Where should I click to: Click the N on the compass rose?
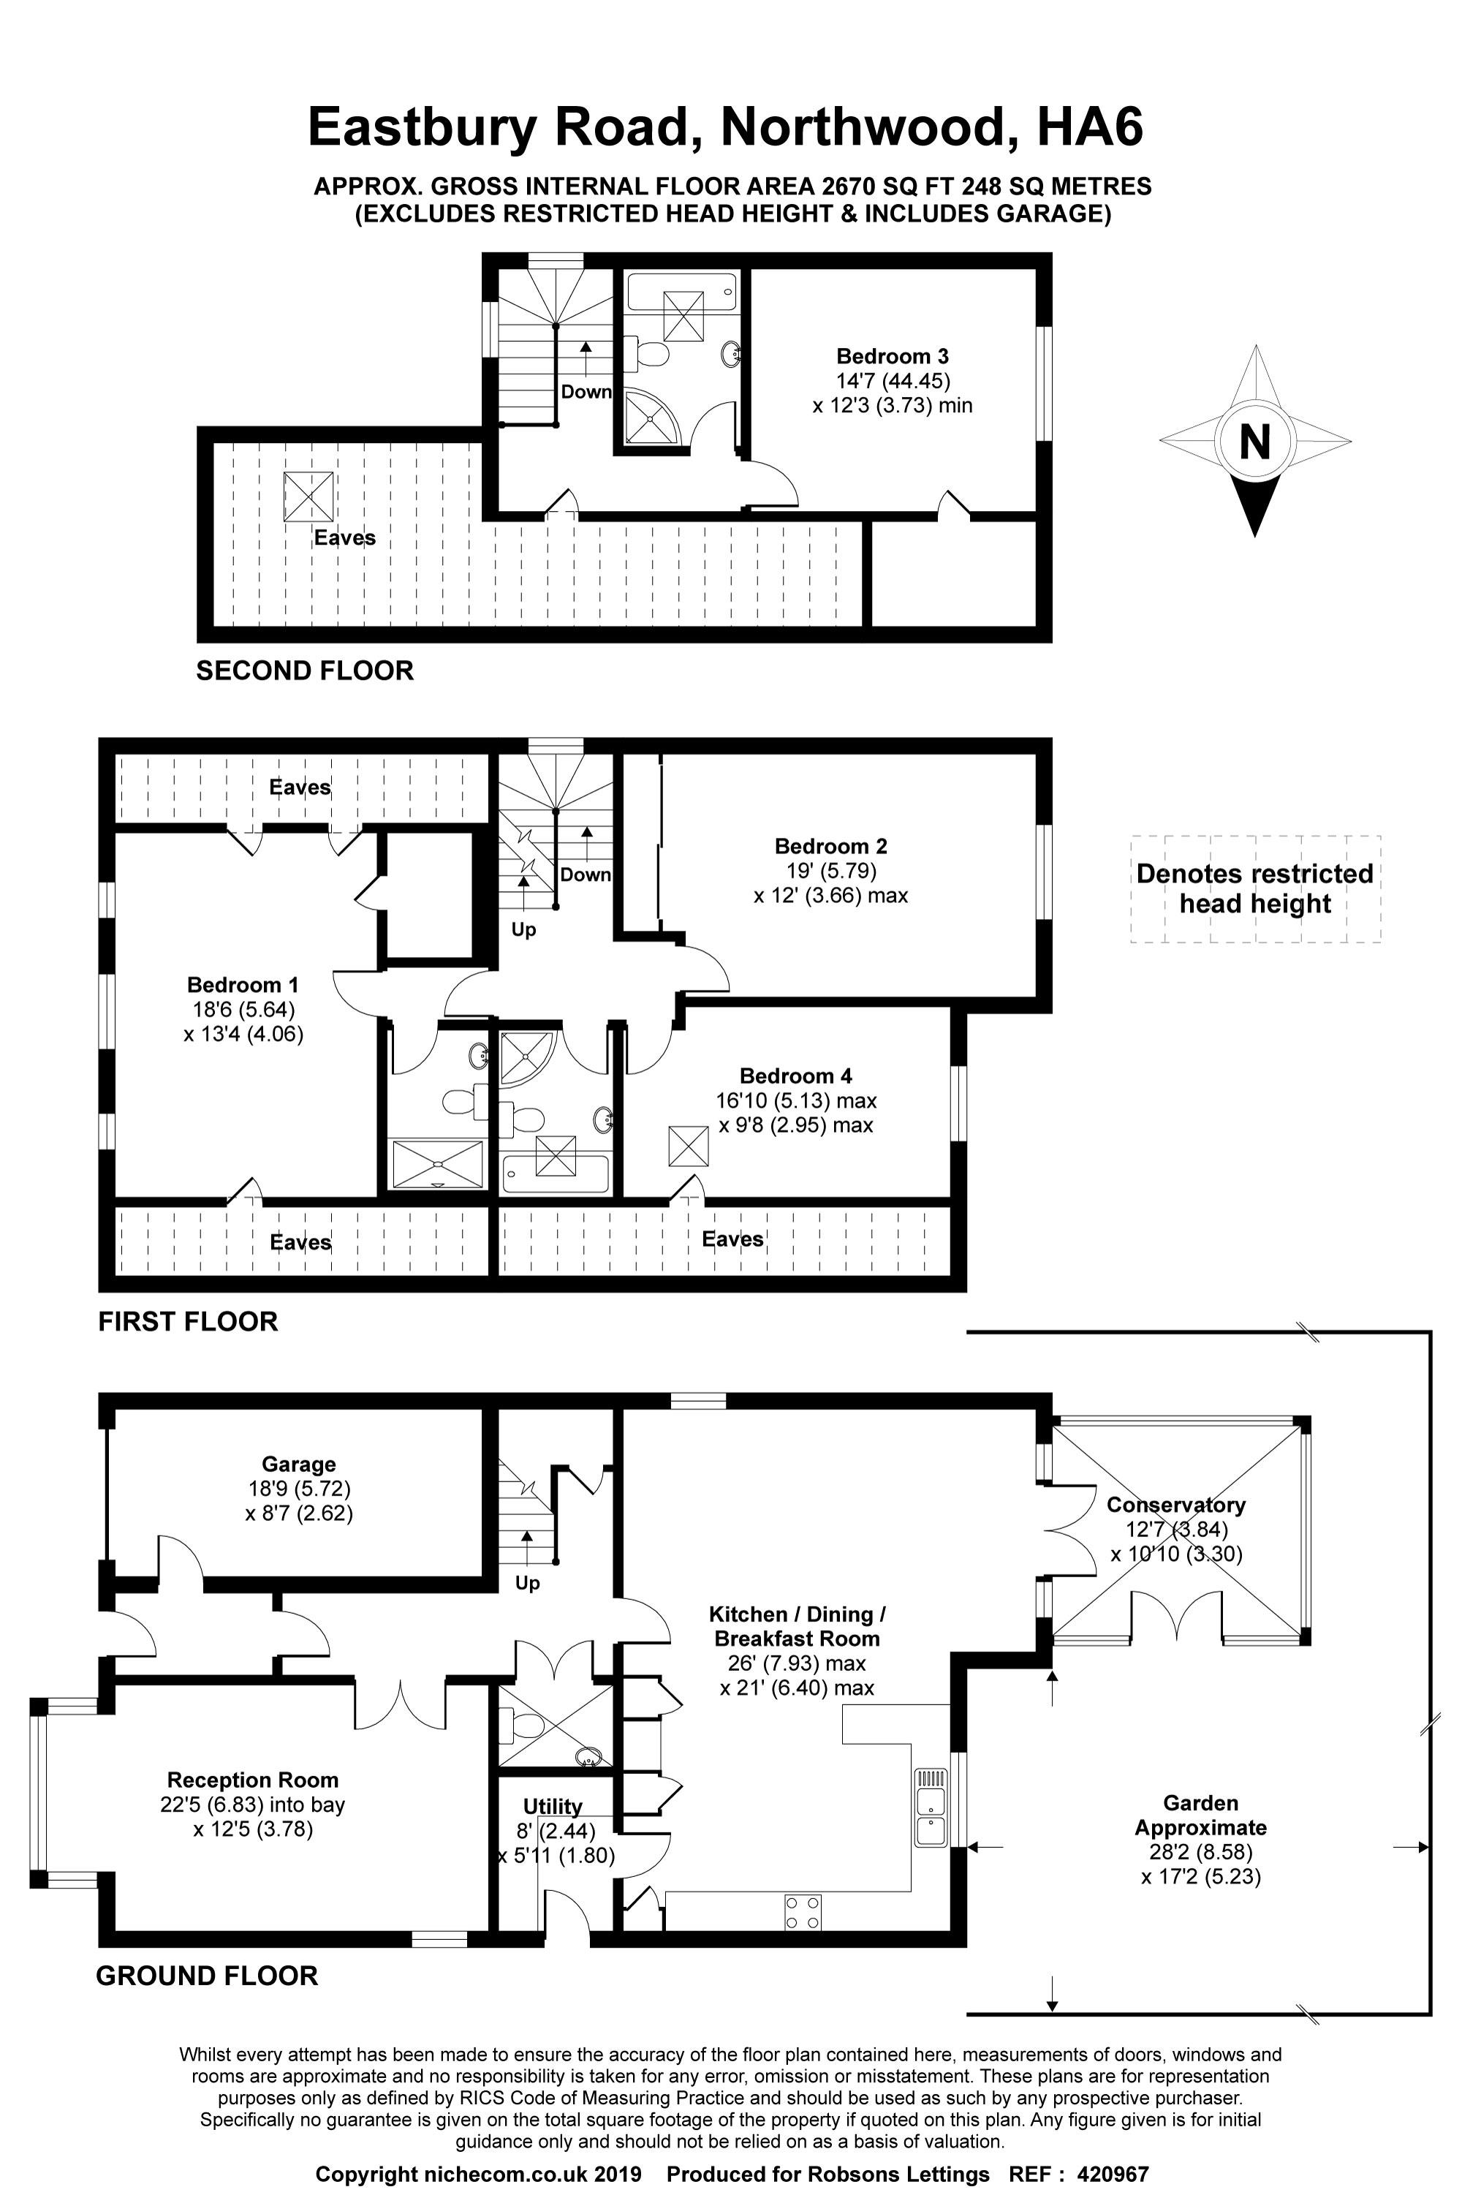click(x=1255, y=441)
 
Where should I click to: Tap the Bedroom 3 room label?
click(x=893, y=356)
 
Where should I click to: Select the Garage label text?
click(x=298, y=1464)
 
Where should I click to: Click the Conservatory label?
click(x=1175, y=1504)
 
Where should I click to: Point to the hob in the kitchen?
click(x=803, y=1913)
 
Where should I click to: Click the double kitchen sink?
click(x=931, y=1806)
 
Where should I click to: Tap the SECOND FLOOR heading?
click(x=305, y=670)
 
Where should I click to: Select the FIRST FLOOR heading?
click(x=189, y=1321)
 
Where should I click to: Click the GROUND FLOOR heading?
click(x=207, y=1975)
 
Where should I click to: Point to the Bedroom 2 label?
click(x=830, y=847)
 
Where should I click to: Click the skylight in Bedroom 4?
click(x=688, y=1146)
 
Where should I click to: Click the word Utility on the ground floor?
click(x=552, y=1806)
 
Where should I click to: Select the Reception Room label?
click(x=253, y=1780)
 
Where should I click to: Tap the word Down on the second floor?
click(x=586, y=392)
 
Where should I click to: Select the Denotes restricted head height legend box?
click(x=1255, y=888)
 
